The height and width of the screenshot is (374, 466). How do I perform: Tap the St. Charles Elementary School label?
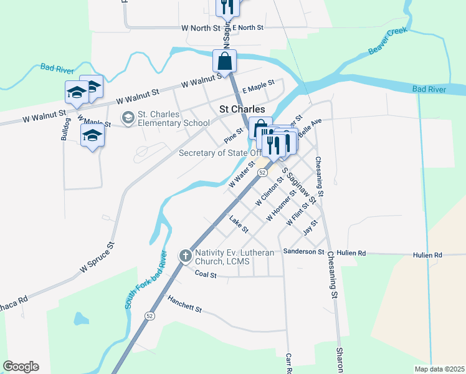pyautogui.click(x=173, y=118)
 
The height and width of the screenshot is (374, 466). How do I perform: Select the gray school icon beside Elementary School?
pyautogui.click(x=128, y=117)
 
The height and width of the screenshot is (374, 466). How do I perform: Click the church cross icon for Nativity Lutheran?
pyautogui.click(x=185, y=256)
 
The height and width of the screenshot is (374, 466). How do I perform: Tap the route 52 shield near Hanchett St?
pyautogui.click(x=149, y=316)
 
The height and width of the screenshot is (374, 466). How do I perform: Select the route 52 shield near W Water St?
pyautogui.click(x=262, y=171)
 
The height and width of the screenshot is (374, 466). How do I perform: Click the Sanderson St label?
pyautogui.click(x=303, y=252)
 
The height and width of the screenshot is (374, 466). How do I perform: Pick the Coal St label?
pyautogui.click(x=205, y=274)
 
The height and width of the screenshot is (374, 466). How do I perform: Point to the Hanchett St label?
pyautogui.click(x=185, y=305)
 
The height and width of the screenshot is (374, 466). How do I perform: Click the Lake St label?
pyautogui.click(x=239, y=221)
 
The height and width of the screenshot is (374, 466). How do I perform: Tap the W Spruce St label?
pyautogui.click(x=98, y=257)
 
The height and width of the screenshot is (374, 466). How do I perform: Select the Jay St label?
pyautogui.click(x=310, y=227)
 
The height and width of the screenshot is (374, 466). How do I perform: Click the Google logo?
pyautogui.click(x=21, y=367)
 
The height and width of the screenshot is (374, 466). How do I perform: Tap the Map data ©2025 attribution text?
pyautogui.click(x=440, y=369)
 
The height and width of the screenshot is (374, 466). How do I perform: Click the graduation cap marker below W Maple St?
pyautogui.click(x=92, y=135)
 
